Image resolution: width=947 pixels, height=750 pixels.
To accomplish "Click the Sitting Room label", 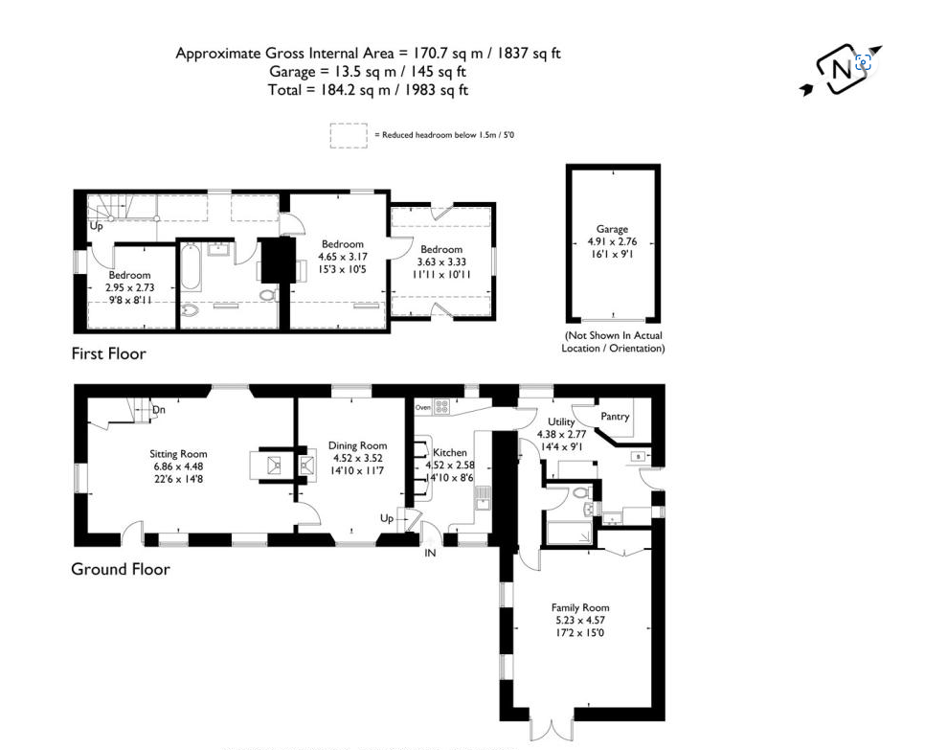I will (x=178, y=454).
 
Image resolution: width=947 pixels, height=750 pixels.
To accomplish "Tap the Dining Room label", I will (x=357, y=445).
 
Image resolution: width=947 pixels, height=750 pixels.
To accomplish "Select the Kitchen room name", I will (x=450, y=452).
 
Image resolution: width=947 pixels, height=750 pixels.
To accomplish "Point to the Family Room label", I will (x=580, y=607).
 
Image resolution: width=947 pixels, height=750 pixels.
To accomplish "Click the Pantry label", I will (x=615, y=417).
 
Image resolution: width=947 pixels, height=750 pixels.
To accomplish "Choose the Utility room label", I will (x=561, y=421).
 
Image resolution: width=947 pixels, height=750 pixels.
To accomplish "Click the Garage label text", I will (x=612, y=229).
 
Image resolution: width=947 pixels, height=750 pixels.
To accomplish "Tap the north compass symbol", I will (x=841, y=69).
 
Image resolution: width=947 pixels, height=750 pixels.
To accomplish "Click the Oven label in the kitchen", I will (x=423, y=407).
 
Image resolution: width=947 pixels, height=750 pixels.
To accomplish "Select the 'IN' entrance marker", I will (x=430, y=554).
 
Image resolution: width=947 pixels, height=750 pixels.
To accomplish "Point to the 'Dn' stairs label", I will (x=159, y=410).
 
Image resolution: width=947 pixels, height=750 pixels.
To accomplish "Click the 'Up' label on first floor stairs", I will (x=97, y=227).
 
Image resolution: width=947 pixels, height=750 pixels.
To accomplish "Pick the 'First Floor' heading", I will (x=108, y=353).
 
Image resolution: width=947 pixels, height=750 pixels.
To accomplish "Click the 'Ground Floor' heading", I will (x=120, y=569).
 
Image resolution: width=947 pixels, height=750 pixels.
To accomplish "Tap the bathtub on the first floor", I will (x=192, y=269).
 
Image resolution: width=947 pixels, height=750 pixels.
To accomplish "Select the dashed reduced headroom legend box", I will (x=349, y=135).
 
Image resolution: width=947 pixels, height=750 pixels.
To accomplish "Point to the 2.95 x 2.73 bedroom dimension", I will (x=128, y=287).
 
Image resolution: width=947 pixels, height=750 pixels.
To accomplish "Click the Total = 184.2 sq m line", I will (x=368, y=90).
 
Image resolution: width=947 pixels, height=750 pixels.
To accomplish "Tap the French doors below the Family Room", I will (x=550, y=729).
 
